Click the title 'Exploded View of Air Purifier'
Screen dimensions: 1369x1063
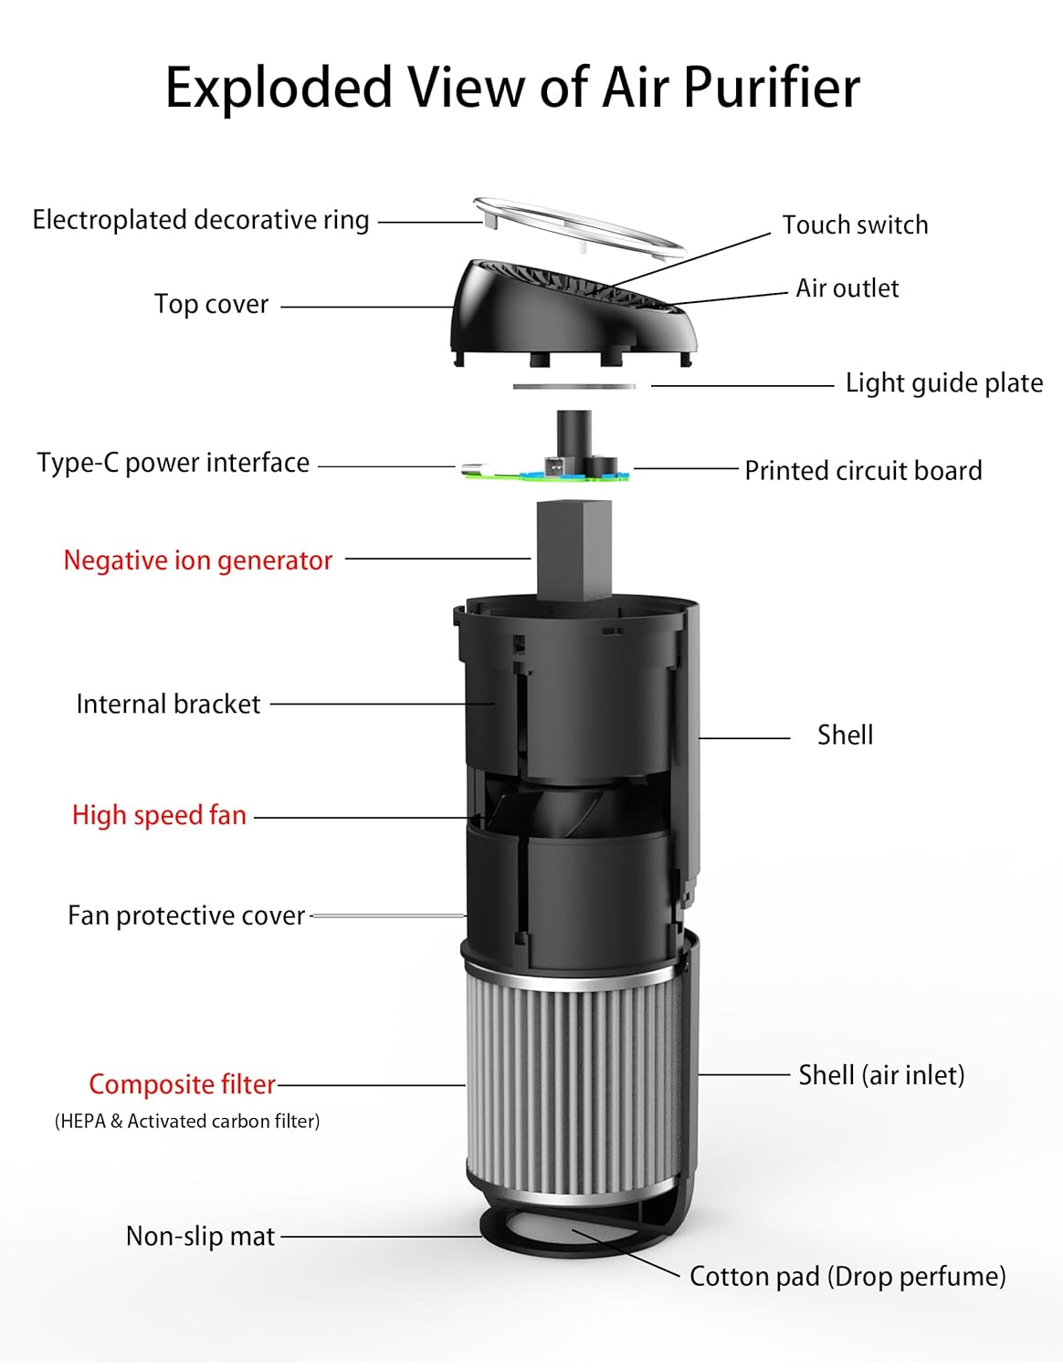512,89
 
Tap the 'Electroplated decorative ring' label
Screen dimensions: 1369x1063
201,220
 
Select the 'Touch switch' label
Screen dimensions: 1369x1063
855,225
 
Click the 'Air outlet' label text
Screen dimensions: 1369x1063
847,288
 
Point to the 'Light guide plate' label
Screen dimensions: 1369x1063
943,382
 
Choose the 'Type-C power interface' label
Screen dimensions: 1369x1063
174,463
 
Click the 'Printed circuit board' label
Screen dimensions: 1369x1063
863,471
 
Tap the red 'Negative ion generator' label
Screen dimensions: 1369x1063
198,560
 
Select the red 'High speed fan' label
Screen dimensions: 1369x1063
160,815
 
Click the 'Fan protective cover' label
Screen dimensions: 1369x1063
186,915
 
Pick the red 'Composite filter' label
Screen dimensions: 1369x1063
182,1084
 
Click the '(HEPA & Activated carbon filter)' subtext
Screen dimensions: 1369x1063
187,1121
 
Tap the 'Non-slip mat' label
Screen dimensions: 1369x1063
200,1236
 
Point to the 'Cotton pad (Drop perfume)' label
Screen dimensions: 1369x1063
847,1276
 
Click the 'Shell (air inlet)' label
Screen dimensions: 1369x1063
881,1075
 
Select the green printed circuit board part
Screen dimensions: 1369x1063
548,473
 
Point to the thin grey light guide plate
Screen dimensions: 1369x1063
574,387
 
